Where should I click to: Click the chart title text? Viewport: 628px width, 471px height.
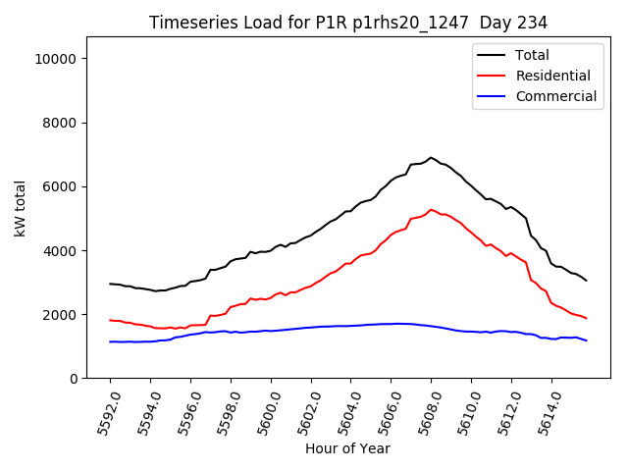click(x=348, y=22)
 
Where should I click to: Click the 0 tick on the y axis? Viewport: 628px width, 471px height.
click(x=75, y=379)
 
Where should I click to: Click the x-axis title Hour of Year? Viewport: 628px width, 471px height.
click(x=347, y=448)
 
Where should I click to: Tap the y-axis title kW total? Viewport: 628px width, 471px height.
click(x=20, y=208)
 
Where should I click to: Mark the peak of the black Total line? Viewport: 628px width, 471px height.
click(x=430, y=157)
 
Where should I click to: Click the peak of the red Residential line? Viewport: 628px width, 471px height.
click(x=431, y=209)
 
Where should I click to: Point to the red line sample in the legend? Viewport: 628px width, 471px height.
click(x=492, y=76)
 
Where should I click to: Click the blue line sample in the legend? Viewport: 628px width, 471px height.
click(x=492, y=96)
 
